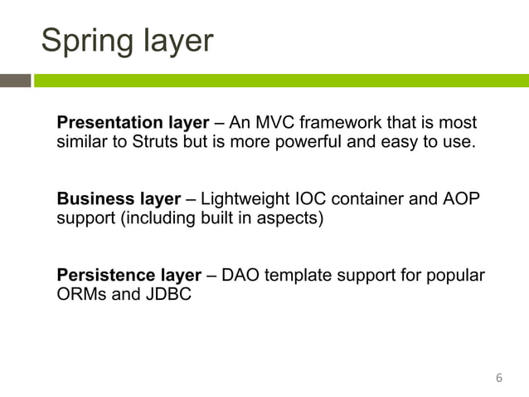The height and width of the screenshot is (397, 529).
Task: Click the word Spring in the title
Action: coord(90,41)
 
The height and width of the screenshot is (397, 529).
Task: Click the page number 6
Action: coord(498,378)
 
